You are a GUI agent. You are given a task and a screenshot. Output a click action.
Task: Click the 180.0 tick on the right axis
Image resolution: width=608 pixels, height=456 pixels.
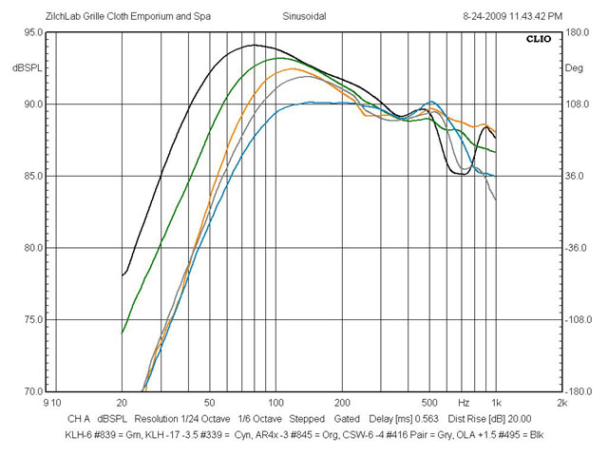(578, 32)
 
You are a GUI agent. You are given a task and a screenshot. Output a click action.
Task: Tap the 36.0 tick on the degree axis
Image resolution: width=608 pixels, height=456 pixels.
(578, 176)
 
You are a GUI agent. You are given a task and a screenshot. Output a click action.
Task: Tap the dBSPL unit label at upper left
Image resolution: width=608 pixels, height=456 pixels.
(26, 68)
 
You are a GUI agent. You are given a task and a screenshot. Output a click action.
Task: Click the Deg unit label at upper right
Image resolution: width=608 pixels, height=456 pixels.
(576, 68)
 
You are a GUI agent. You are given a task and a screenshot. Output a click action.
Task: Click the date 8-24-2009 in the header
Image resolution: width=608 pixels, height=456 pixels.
(488, 16)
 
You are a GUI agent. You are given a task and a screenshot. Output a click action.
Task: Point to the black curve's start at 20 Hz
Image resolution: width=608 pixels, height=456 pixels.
(123, 275)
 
